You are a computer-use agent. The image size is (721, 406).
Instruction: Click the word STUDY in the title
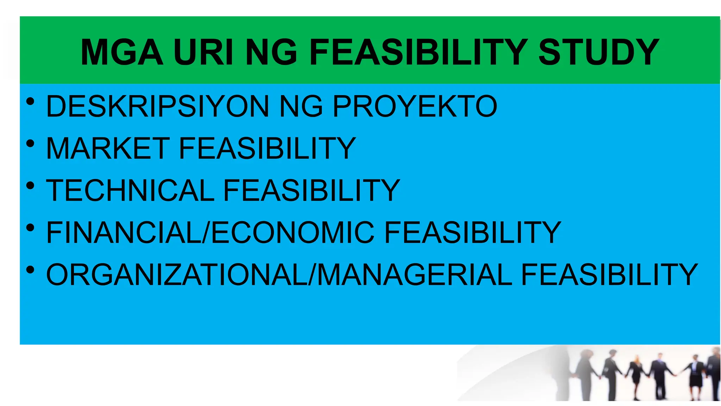598,52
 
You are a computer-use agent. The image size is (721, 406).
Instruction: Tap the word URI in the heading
203,52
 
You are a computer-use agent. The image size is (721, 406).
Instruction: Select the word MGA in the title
122,52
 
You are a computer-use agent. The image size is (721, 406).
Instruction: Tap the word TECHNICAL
130,190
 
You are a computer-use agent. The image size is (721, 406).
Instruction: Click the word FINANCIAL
123,232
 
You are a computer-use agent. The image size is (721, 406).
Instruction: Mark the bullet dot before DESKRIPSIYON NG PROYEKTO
30,102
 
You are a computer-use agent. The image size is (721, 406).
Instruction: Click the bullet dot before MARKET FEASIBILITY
30,144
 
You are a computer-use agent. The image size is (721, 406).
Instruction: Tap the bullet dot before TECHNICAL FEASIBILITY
30,186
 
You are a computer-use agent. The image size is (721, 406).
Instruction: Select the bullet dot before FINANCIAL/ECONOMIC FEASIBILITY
30,228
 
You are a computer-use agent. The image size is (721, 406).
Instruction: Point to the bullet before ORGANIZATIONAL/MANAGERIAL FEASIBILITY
30,270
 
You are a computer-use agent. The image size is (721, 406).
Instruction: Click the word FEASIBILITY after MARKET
267,148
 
